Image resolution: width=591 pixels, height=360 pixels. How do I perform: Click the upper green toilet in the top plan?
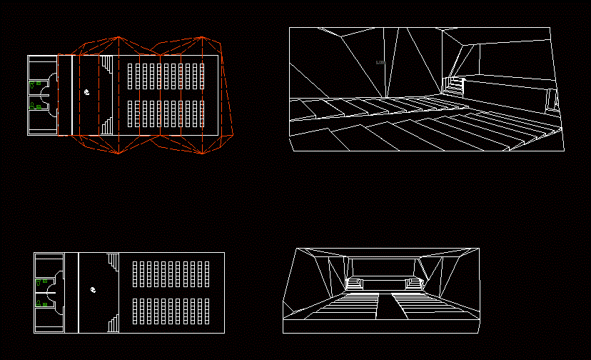[x=31, y=84]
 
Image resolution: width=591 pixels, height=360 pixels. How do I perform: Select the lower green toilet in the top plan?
[x=32, y=106]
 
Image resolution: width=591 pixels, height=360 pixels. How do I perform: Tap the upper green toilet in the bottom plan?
[x=37, y=284]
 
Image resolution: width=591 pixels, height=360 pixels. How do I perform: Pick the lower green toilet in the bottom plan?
[x=37, y=304]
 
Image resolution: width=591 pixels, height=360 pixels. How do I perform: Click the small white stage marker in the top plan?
[x=86, y=92]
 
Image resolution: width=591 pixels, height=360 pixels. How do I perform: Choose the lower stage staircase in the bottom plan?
[x=113, y=322]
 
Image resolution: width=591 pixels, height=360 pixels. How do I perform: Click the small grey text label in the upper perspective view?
[x=380, y=63]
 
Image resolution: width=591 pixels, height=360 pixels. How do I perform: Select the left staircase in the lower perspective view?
[x=354, y=284]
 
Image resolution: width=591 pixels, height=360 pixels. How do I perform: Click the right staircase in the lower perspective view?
[x=415, y=284]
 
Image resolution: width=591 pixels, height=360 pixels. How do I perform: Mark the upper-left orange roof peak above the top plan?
[x=118, y=38]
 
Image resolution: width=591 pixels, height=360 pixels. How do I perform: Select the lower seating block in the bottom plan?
[x=171, y=309]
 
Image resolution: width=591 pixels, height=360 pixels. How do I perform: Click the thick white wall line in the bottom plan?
[x=77, y=293]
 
